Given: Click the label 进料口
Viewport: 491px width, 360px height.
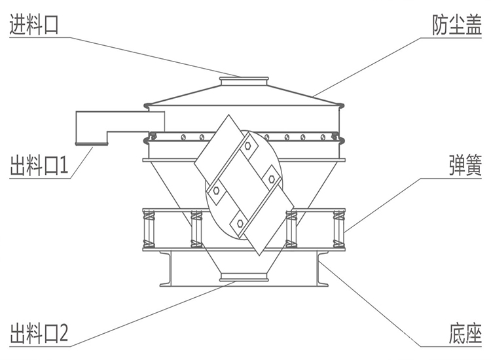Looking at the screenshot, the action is (34, 24).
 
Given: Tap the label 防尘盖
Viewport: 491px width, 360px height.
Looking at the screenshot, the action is (457, 25).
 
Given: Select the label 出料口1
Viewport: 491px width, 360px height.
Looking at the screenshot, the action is (39, 165).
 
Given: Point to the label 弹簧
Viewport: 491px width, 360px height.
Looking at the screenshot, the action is (465, 165).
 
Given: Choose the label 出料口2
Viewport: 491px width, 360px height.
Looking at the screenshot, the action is (39, 333).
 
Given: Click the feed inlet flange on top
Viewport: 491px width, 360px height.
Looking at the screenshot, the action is (244, 79).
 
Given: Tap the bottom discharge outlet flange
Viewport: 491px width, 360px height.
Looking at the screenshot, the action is (244, 277).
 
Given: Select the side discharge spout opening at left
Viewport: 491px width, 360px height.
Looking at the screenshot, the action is (92, 143).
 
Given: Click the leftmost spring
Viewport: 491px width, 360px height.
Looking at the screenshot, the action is (149, 229).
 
